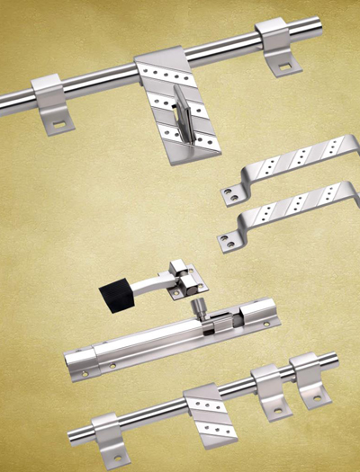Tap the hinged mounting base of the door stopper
pos(189,277)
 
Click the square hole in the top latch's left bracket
pos(59,123)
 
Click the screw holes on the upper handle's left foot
pos(231,192)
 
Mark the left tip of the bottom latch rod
pos(73,438)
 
